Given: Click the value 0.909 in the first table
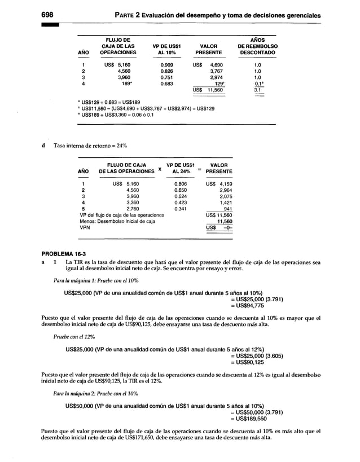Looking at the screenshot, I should [x=167, y=65].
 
